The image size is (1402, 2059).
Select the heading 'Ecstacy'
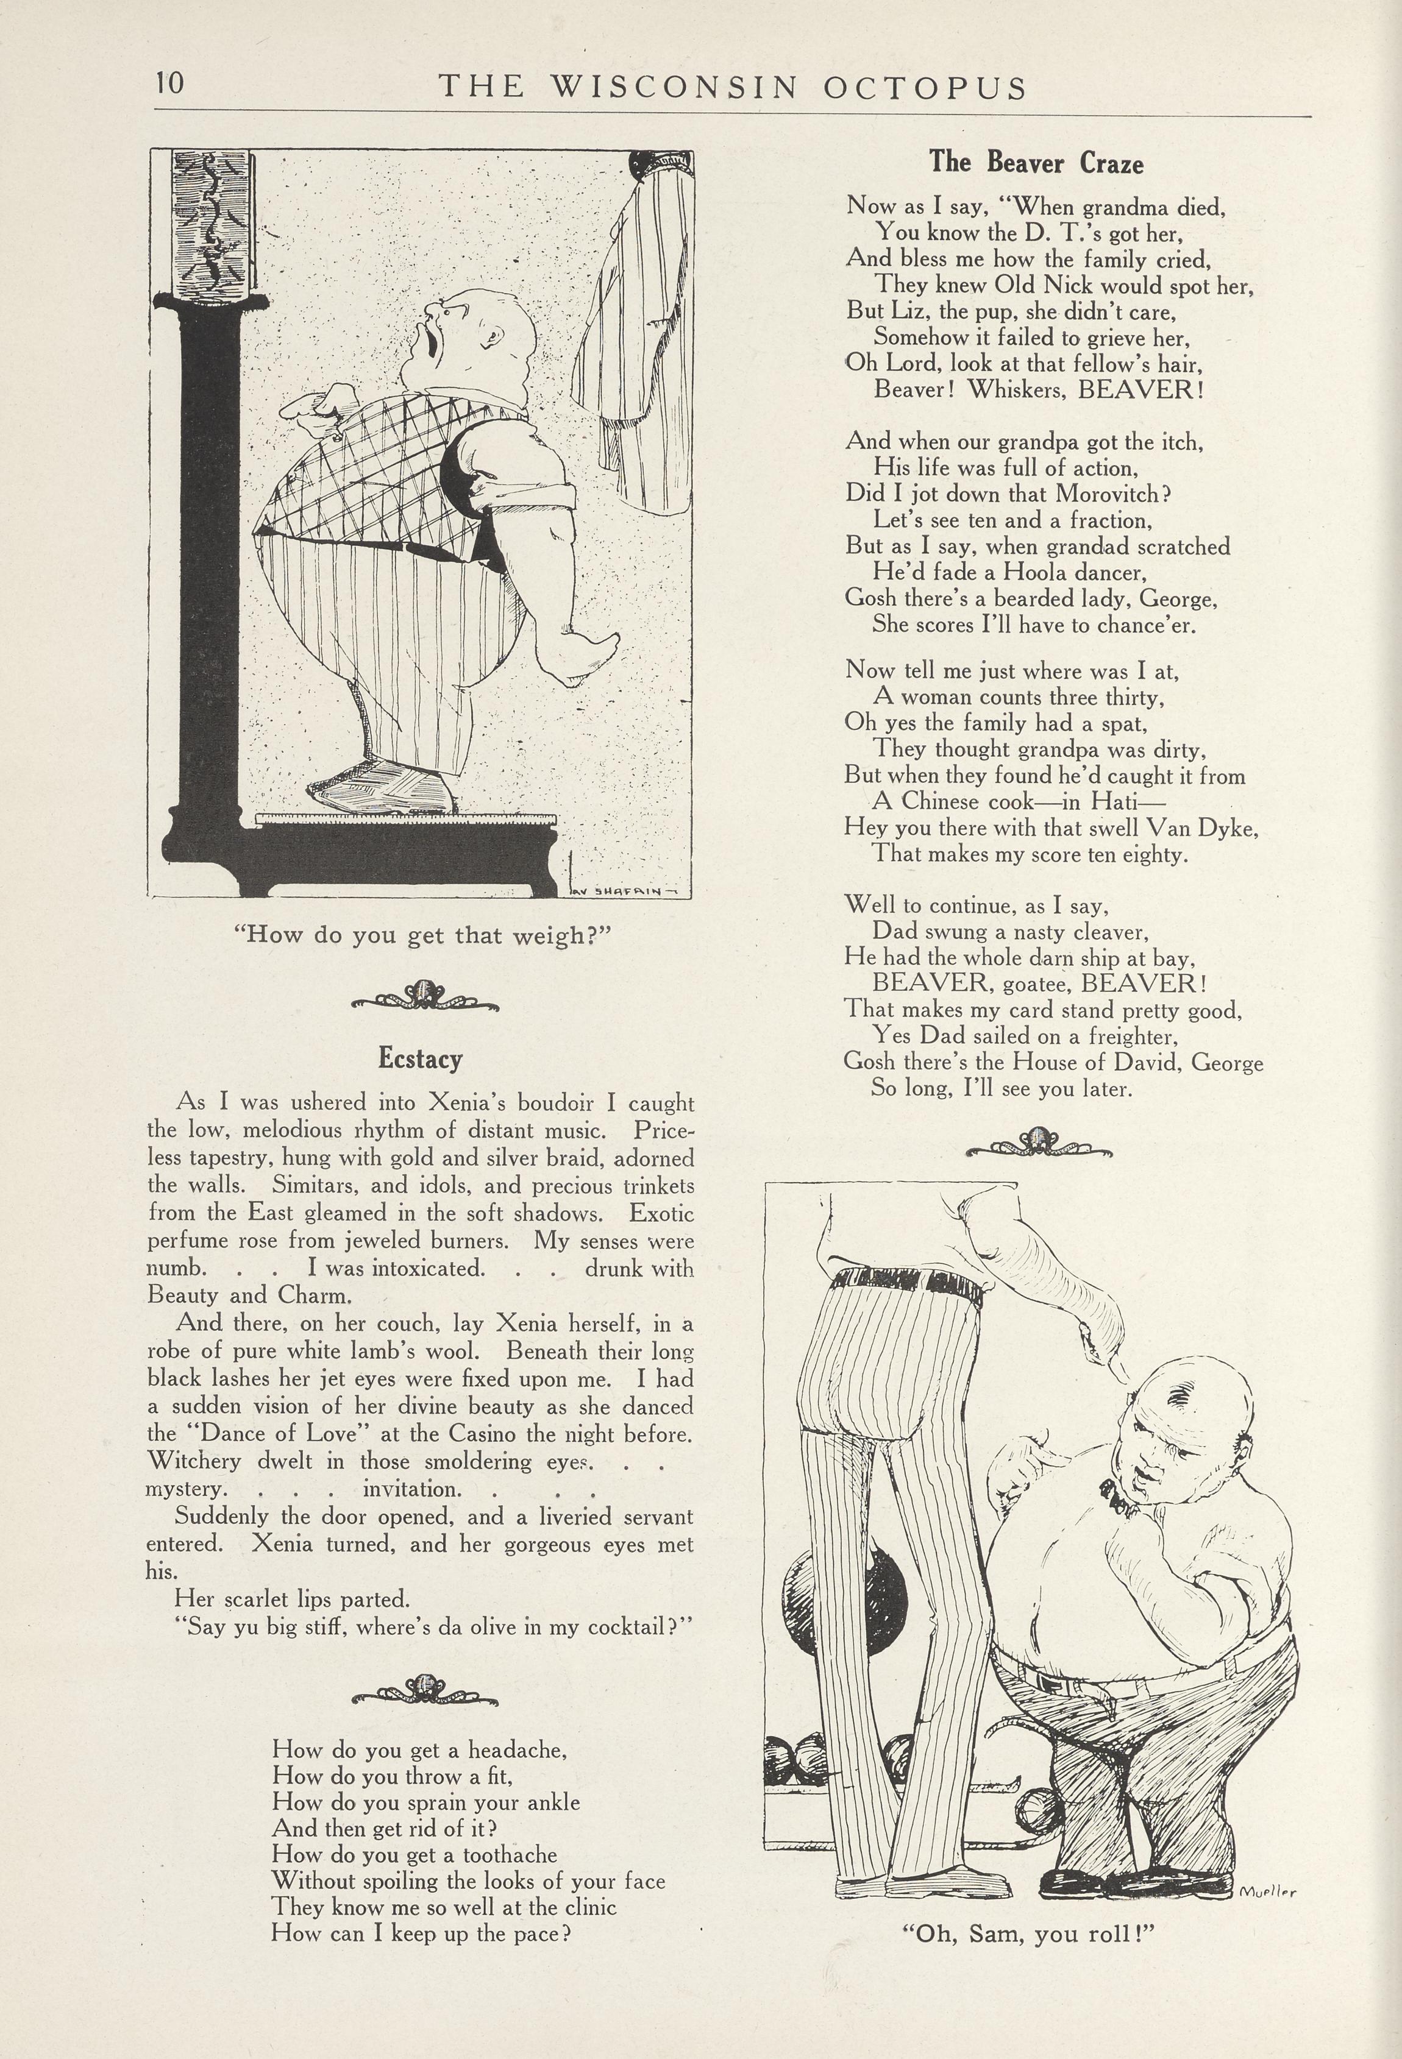tap(420, 1058)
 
